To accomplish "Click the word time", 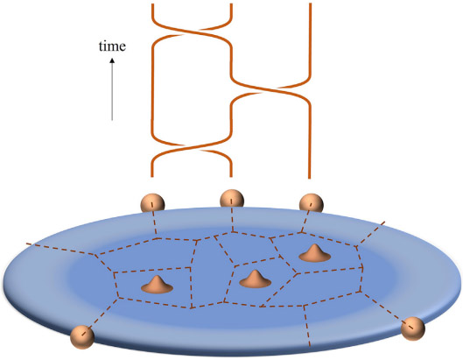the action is tap(112, 46).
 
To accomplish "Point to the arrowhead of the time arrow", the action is tap(112, 60).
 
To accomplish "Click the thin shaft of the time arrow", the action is tap(112, 92).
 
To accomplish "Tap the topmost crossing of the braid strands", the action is tap(192, 32).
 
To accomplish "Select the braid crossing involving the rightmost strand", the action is tap(270, 88).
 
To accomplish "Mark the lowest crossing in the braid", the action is tap(192, 147).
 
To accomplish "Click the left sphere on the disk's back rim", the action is tap(152, 203).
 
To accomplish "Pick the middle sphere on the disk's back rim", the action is tap(232, 199).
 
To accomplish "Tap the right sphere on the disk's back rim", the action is tap(312, 203).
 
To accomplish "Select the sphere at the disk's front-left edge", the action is tap(82, 336).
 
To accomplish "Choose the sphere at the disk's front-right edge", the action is tap(413, 328).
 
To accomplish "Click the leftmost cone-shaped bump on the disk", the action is tap(157, 285).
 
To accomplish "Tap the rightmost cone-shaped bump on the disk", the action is tap(314, 253).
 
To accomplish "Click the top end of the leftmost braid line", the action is tap(152, 4).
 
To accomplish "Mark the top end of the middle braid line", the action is tap(231, 4).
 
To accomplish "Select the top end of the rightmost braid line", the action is tap(310, 4).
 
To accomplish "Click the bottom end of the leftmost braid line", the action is tap(152, 176).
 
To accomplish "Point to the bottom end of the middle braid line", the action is tap(231, 176).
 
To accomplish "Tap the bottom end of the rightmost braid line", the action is tap(310, 178).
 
